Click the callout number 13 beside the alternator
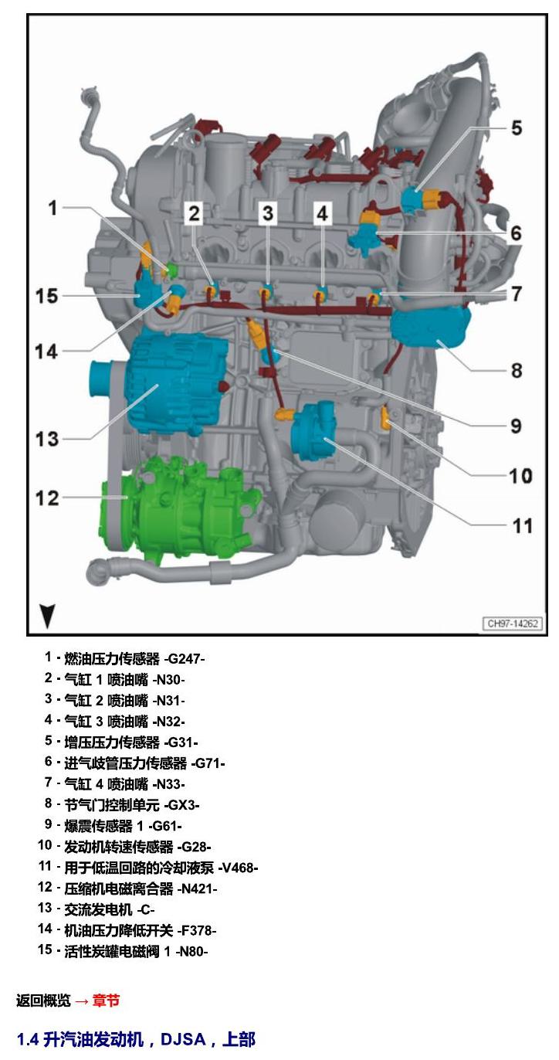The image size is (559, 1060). [x=47, y=439]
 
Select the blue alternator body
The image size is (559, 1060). [x=175, y=383]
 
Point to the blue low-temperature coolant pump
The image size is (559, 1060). [x=313, y=430]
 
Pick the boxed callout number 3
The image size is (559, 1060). [x=268, y=213]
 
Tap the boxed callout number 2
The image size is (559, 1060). [x=194, y=213]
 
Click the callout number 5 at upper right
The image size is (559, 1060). [x=516, y=127]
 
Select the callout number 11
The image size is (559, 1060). [x=522, y=525]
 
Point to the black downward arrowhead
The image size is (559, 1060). [x=47, y=616]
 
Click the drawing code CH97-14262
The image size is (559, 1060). [x=513, y=623]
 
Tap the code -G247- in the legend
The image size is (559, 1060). [x=184, y=659]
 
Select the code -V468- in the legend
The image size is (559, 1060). [x=238, y=868]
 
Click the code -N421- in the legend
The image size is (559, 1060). [x=197, y=888]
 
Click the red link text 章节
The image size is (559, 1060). [x=106, y=1001]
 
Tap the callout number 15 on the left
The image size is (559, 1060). [x=47, y=296]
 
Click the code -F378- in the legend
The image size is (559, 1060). [x=197, y=931]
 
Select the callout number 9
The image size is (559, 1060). [x=516, y=426]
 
